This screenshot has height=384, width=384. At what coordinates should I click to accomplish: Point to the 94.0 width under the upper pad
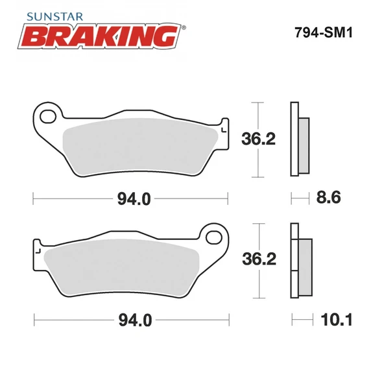coord(134,199)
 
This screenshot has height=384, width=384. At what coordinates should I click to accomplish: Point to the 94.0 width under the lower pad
coord(134,320)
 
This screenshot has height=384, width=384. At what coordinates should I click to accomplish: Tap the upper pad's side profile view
coord(299,139)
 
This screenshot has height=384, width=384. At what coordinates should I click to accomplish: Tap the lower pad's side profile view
coord(300,260)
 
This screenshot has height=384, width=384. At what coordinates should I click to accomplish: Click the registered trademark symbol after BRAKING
coord(184,28)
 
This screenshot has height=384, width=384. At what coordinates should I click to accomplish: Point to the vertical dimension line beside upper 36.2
coord(259,139)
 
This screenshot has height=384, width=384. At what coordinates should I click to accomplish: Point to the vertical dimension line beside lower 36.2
coord(259,260)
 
